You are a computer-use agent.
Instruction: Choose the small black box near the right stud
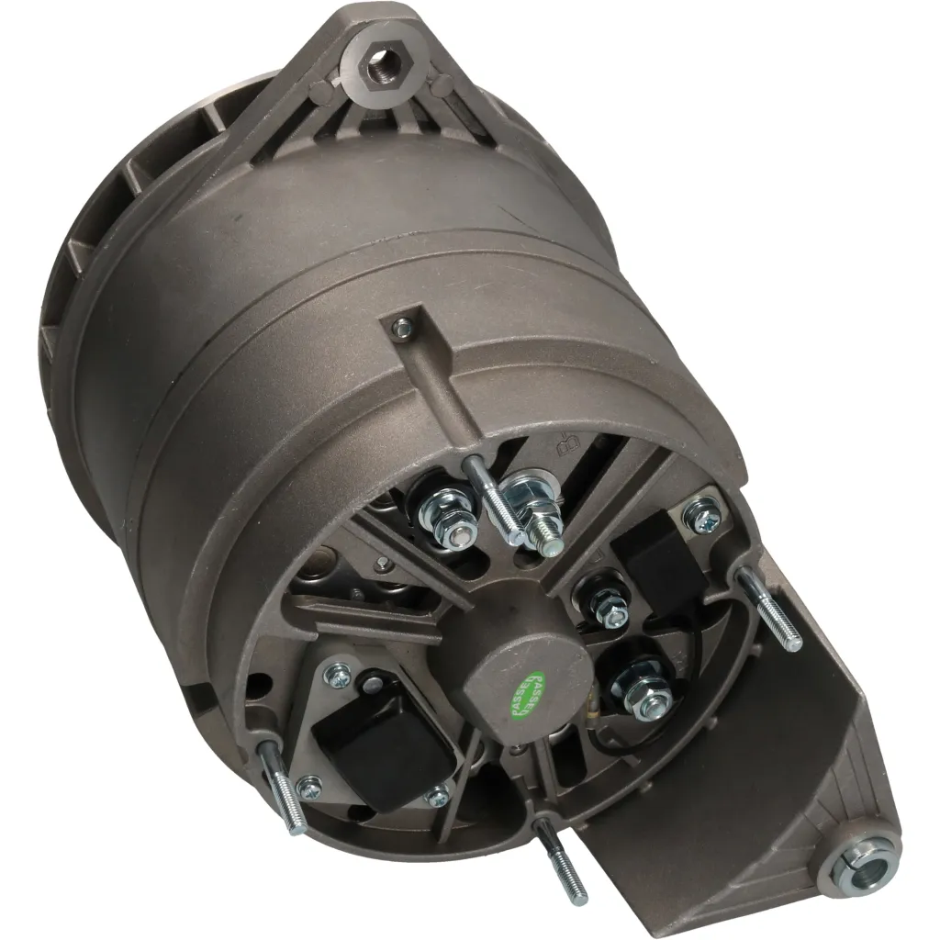coord(658,559)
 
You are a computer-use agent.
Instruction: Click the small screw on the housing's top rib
coord(400,325)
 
